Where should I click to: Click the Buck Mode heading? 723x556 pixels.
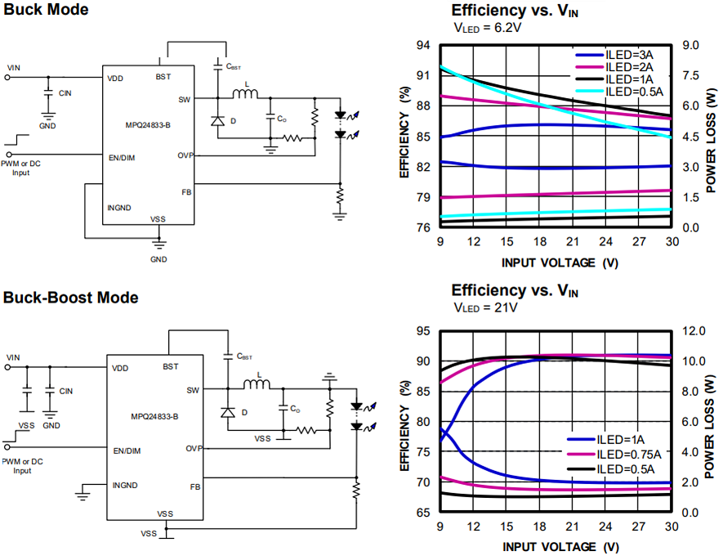pos(46,10)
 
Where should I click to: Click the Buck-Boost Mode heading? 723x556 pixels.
pos(70,298)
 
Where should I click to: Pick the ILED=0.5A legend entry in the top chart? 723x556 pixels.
pos(633,91)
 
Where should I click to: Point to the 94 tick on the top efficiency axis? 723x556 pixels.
pos(423,45)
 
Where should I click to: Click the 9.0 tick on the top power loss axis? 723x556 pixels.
pos(691,45)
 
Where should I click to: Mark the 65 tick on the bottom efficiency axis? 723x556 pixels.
pos(423,513)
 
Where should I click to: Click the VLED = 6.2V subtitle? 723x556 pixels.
pos(487,27)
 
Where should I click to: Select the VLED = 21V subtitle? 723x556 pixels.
pos(485,307)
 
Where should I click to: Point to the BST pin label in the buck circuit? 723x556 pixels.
pos(163,77)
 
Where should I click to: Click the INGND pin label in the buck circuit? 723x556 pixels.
pos(119,208)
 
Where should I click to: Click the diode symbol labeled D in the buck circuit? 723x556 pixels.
pos(217,120)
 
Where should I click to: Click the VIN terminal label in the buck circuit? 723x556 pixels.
pos(14,67)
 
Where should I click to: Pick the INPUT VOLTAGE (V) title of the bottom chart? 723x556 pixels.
pos(560,546)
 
